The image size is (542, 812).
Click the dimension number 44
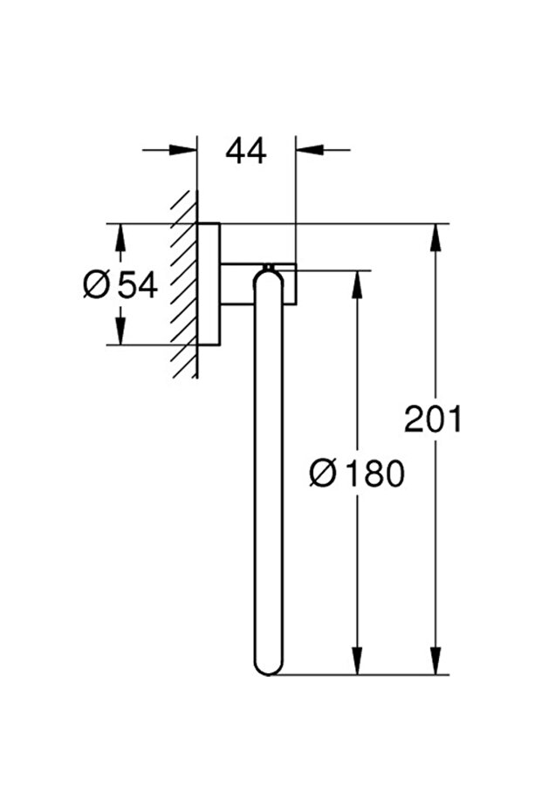click(x=245, y=151)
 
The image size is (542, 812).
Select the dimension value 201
click(x=432, y=420)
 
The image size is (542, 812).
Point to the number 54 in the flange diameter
click(x=136, y=284)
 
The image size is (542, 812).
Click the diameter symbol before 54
click(x=96, y=284)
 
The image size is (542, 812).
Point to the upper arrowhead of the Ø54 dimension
click(x=120, y=236)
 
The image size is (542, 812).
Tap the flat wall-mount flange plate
click(x=208, y=284)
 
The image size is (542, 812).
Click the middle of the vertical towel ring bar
click(x=268, y=471)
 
